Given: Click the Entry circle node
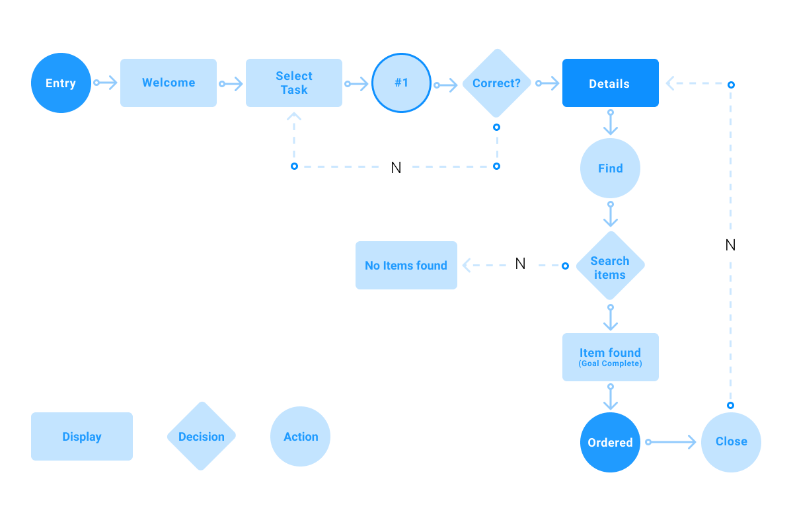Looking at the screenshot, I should pyautogui.click(x=61, y=83).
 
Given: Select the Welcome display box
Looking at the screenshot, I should pyautogui.click(x=169, y=83).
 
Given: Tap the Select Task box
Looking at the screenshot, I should pyautogui.click(x=294, y=83).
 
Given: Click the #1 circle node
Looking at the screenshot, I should pyautogui.click(x=401, y=83).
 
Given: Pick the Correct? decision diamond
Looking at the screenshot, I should pyautogui.click(x=496, y=83).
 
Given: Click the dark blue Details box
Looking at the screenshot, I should pyautogui.click(x=610, y=83).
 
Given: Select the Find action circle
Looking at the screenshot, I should pyautogui.click(x=610, y=168).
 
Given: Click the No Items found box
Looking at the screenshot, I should pyautogui.click(x=406, y=266).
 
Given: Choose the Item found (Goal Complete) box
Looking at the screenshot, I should pyautogui.click(x=610, y=357).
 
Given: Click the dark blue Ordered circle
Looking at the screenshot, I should pyautogui.click(x=610, y=443).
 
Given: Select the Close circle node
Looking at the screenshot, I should pyautogui.click(x=731, y=442).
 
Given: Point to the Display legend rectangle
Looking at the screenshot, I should pyautogui.click(x=82, y=436).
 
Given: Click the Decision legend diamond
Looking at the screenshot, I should pyautogui.click(x=201, y=436).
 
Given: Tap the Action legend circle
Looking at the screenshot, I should pyautogui.click(x=301, y=436).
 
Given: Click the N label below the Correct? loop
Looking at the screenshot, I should pyautogui.click(x=397, y=168).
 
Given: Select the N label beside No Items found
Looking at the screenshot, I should pyautogui.click(x=520, y=264).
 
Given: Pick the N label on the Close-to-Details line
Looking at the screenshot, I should pyautogui.click(x=731, y=245).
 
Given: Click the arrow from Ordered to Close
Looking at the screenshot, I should pyautogui.click(x=671, y=442).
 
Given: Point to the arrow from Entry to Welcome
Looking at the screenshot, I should pyautogui.click(x=106, y=83).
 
